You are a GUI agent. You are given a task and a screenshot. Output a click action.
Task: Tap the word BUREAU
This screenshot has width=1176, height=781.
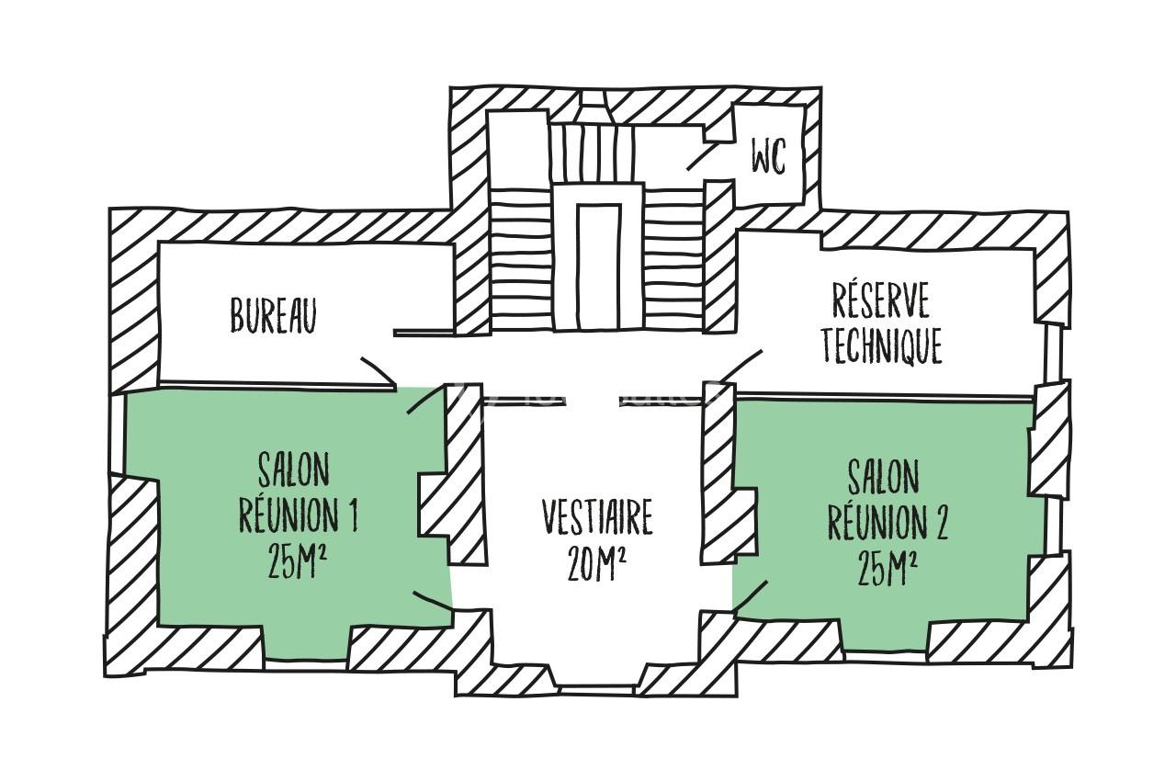273,316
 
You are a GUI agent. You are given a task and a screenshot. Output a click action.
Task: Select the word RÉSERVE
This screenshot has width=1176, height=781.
880,302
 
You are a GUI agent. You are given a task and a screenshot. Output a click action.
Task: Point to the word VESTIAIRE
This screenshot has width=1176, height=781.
597,518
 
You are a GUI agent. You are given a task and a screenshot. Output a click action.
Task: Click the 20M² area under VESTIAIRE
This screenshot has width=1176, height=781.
597,563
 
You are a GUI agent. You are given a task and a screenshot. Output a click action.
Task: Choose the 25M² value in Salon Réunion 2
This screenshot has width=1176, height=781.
888,569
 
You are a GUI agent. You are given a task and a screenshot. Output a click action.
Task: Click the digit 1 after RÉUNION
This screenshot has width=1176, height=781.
352,517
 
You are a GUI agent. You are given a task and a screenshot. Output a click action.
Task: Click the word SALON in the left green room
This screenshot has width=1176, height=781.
293,471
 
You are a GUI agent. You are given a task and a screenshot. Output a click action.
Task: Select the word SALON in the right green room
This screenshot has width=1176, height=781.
883,478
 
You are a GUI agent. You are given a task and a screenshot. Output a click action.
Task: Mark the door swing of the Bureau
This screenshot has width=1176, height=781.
378,370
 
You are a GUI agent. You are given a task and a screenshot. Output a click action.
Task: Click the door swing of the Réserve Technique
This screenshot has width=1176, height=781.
740,365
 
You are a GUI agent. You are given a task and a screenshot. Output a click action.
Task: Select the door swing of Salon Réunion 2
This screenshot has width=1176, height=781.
750,595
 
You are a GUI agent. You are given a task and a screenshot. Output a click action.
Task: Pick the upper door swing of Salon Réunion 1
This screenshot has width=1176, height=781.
424,402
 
